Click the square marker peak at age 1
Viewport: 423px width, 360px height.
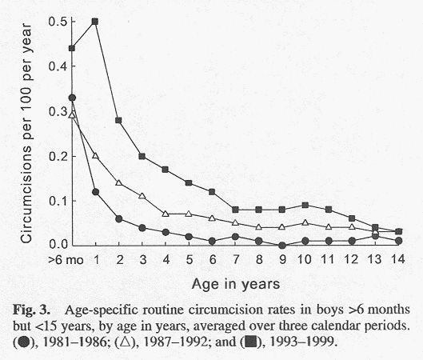coord(95,22)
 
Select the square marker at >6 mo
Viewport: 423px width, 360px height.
coord(72,48)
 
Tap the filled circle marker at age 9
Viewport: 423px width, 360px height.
coord(281,244)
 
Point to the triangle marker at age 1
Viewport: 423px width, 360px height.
coord(95,155)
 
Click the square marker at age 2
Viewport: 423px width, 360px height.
coord(118,120)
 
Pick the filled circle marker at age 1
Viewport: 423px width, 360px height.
coord(95,191)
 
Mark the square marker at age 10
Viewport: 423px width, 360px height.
coord(305,205)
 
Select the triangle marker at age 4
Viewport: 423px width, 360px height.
coord(165,213)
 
